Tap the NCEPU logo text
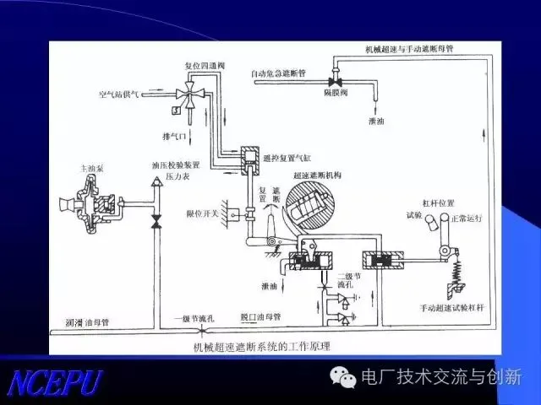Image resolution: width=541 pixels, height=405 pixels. (x=56, y=381)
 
